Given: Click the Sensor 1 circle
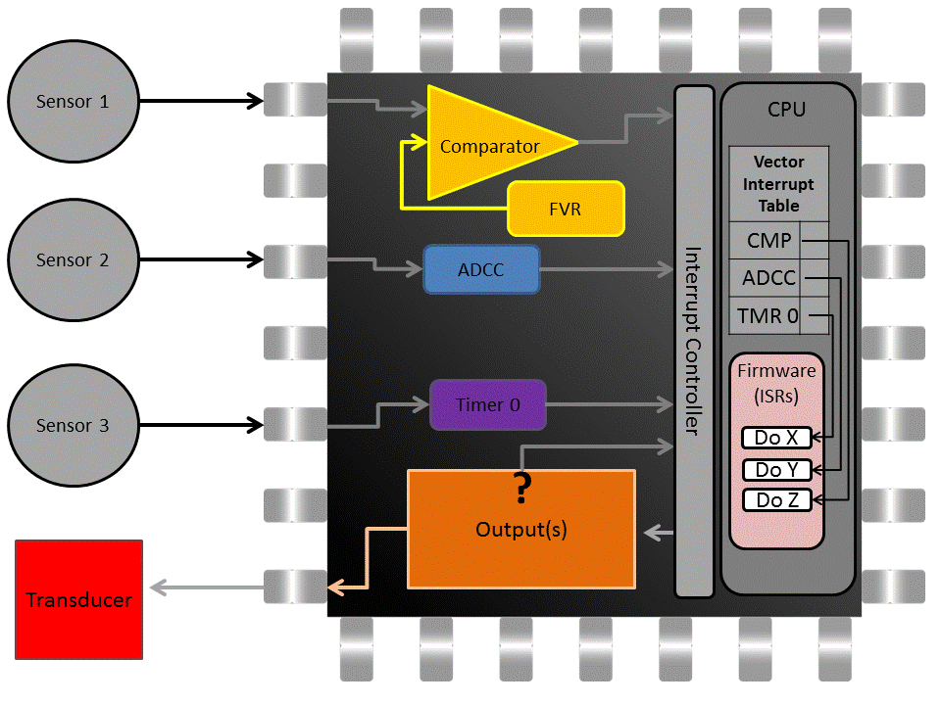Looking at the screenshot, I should pyautogui.click(x=72, y=101).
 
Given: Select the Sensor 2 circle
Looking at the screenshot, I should pyautogui.click(x=72, y=260).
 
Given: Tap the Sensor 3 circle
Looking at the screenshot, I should pyautogui.click(x=72, y=426).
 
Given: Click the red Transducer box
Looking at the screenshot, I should pyautogui.click(x=79, y=599).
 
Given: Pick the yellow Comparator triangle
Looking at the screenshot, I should pyautogui.click(x=485, y=145).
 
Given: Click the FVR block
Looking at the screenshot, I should pyautogui.click(x=566, y=209).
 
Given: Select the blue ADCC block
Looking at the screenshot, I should pyautogui.click(x=481, y=269).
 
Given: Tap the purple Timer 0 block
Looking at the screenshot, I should pyautogui.click(x=487, y=404).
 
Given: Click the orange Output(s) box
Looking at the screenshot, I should pyautogui.click(x=521, y=530).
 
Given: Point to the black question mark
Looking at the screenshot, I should pyautogui.click(x=522, y=485).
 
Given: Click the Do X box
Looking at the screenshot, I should pyautogui.click(x=777, y=438).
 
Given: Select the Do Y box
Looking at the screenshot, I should pyautogui.click(x=777, y=470).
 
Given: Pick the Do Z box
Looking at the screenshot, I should pyautogui.click(x=777, y=500).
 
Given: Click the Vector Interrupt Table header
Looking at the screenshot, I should pyautogui.click(x=778, y=184).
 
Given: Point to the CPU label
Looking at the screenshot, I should pyautogui.click(x=786, y=109).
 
